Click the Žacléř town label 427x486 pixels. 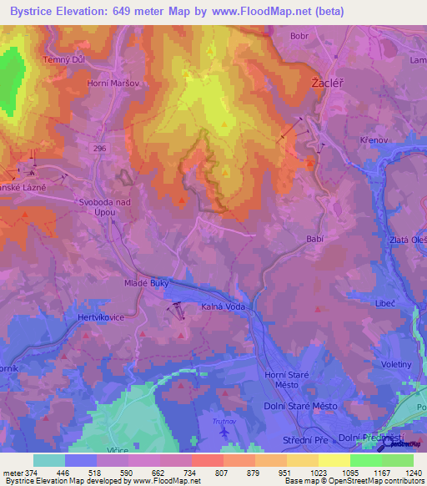pyautogui.click(x=323, y=84)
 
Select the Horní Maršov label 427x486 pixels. pyautogui.click(x=112, y=84)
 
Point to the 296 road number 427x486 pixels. pyautogui.click(x=100, y=149)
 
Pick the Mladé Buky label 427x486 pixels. pyautogui.click(x=125, y=283)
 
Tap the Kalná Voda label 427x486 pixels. pyautogui.click(x=223, y=306)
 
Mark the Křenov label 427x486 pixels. pyautogui.click(x=374, y=139)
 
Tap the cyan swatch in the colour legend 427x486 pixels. pyautogui.click(x=49, y=460)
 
